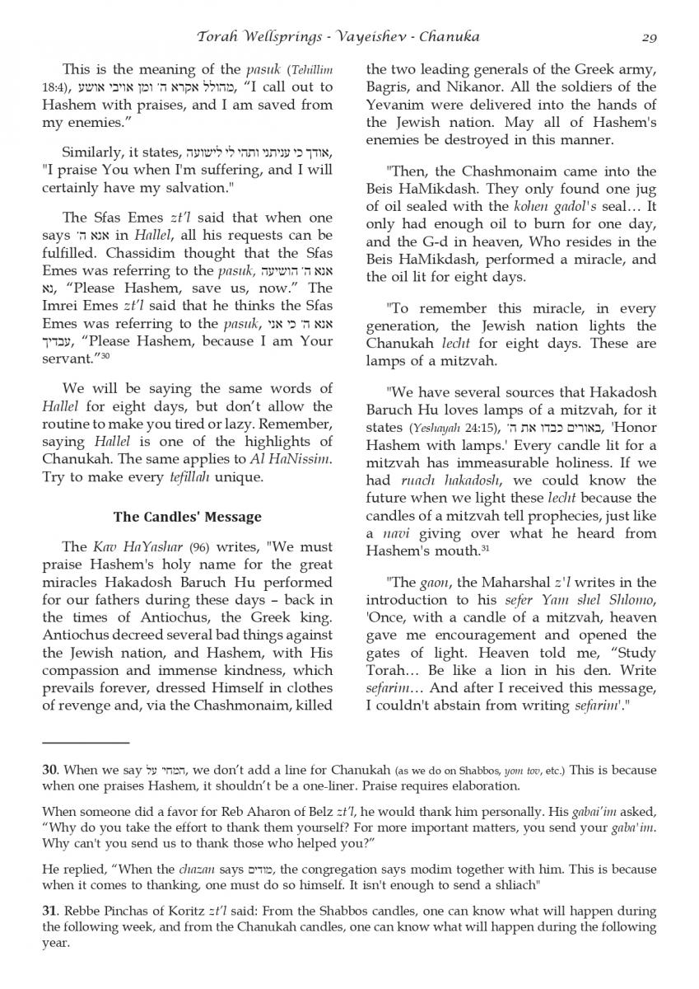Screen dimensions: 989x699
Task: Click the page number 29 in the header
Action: pos(646,36)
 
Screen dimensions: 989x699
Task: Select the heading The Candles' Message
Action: pos(187,517)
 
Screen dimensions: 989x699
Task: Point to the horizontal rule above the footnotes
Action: pos(86,743)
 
